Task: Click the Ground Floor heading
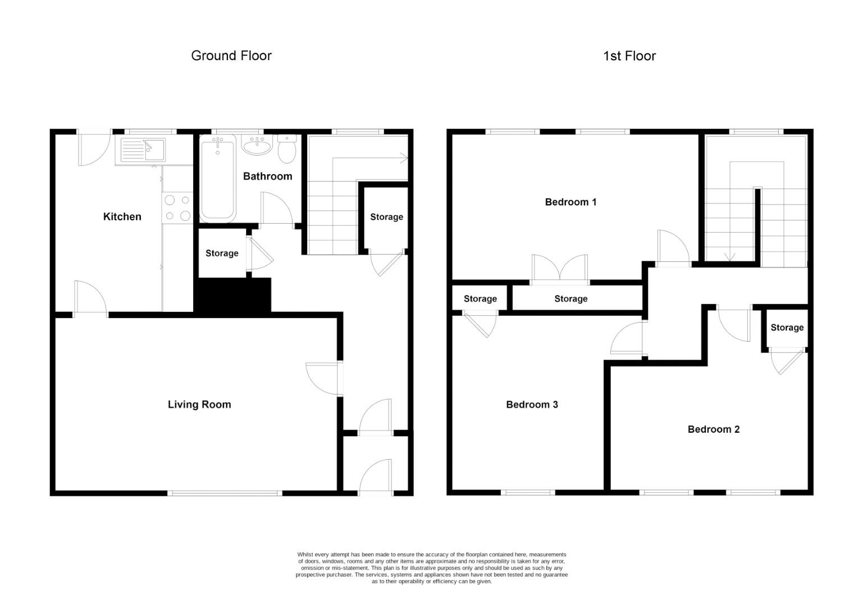(x=231, y=56)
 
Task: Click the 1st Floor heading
(x=629, y=56)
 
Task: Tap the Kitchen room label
(x=122, y=217)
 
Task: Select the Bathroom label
(x=267, y=176)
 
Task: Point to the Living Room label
(x=199, y=405)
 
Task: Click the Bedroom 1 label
(x=571, y=202)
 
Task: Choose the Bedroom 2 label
(x=713, y=429)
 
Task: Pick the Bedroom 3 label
(x=532, y=405)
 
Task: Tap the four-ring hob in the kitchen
(x=177, y=207)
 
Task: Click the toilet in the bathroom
(x=287, y=148)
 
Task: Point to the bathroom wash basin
(x=257, y=146)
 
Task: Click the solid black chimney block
(x=232, y=295)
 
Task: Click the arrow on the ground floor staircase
(x=403, y=158)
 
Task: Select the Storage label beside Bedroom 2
(x=787, y=328)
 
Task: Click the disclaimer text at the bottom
(x=431, y=568)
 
